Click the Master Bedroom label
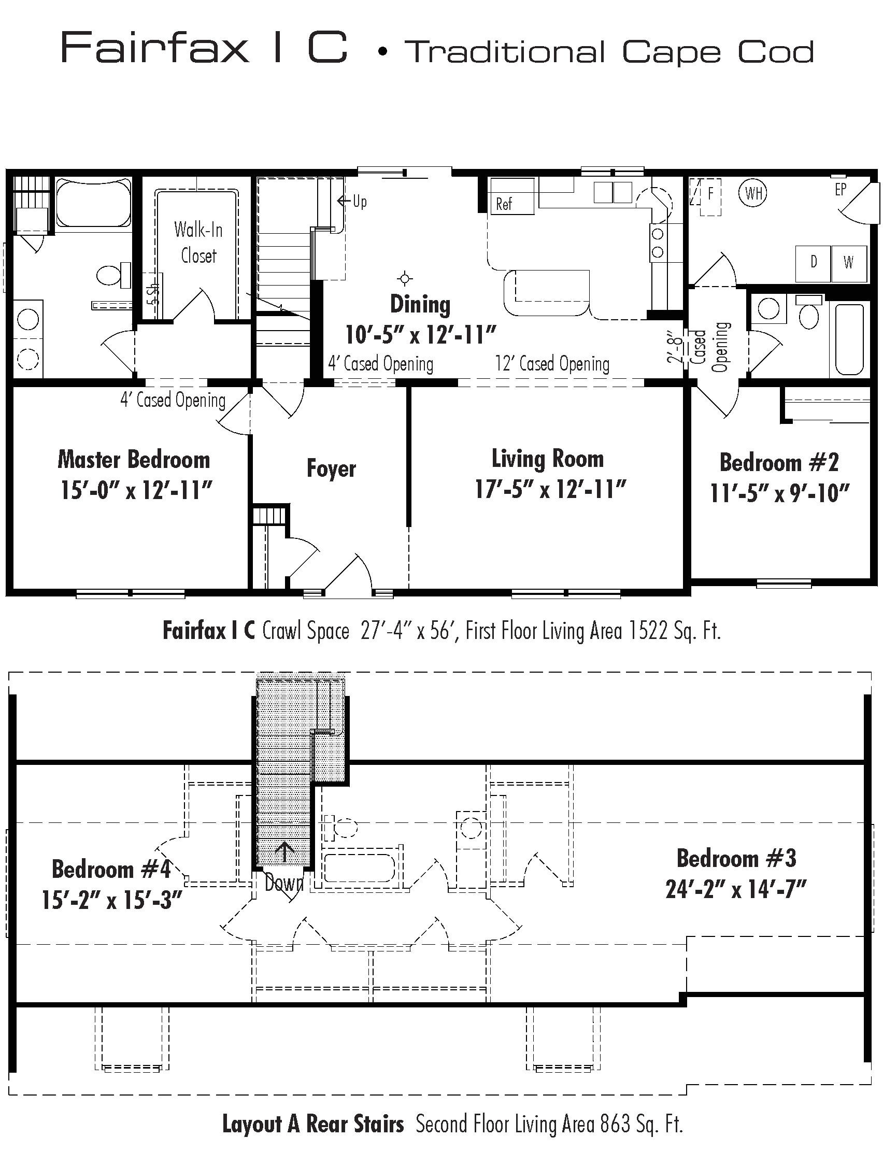134,460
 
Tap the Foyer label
331,468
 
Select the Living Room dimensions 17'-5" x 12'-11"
550,489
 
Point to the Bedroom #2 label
779,462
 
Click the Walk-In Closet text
199,243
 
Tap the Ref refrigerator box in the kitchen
512,196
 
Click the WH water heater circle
753,193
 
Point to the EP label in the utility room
841,189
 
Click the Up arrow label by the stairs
352,201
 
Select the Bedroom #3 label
736,858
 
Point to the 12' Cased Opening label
552,364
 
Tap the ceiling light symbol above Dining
405,278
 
